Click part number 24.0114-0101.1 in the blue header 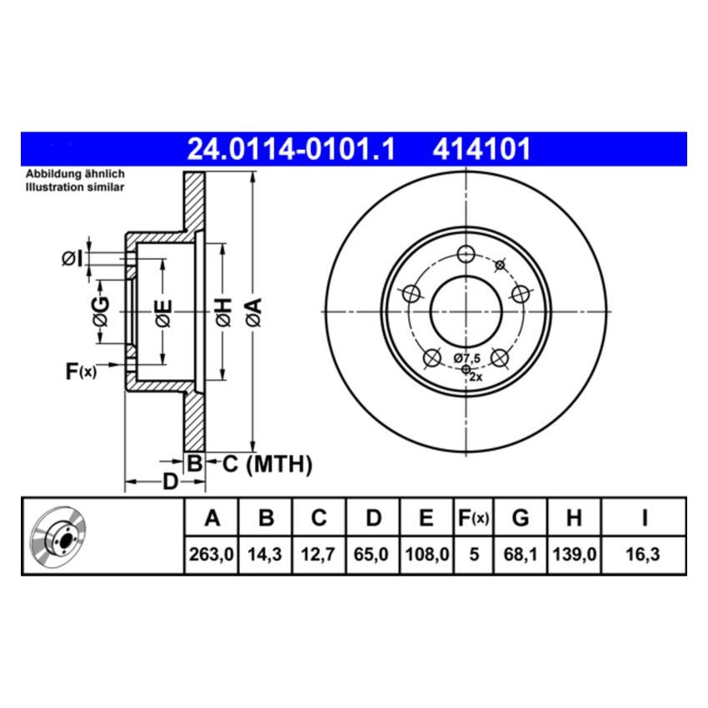[289, 150]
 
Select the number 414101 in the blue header [481, 150]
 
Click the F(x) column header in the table [473, 519]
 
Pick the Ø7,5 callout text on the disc [467, 357]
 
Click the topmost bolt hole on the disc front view [466, 254]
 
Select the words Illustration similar [74, 188]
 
